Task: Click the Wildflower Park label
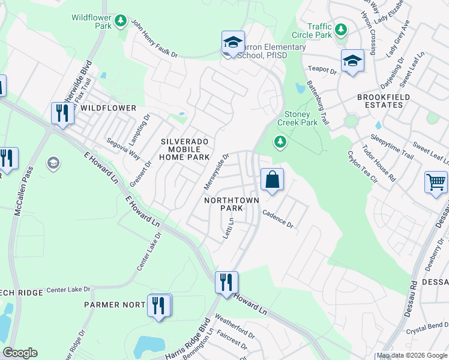point(91,22)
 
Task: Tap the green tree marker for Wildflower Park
point(121,22)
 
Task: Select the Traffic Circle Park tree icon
point(341,29)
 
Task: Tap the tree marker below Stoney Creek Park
point(279,142)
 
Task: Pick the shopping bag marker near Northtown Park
point(272,179)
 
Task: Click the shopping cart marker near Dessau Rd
point(436,181)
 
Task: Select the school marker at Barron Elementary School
point(233,42)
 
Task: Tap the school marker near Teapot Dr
point(352,61)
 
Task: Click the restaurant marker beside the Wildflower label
point(62,113)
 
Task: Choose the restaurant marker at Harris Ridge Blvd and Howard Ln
point(226,281)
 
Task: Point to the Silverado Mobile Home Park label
point(184,149)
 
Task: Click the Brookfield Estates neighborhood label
point(384,101)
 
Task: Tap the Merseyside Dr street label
point(217,169)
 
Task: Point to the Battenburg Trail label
point(318,103)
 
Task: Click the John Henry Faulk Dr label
point(155,41)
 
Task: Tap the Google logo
point(20,353)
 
